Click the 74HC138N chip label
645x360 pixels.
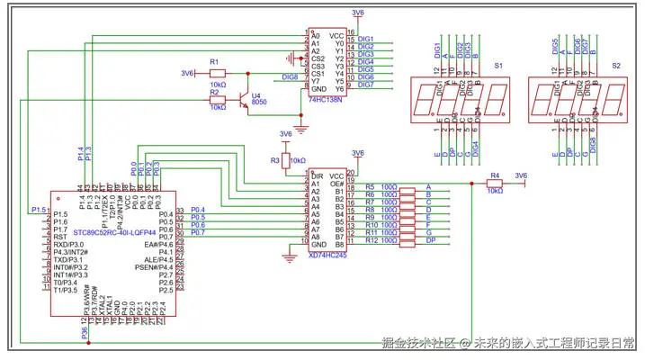pyautogui.click(x=328, y=101)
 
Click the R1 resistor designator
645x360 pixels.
pyautogui.click(x=213, y=60)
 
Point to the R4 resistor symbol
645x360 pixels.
pyautogui.click(x=494, y=183)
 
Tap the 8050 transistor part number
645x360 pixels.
pyautogui.click(x=258, y=103)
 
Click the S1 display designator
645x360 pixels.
pyautogui.click(x=499, y=66)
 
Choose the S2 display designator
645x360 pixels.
pyautogui.click(x=615, y=66)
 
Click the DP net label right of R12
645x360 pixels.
pyautogui.click(x=430, y=239)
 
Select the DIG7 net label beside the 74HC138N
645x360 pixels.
pyautogui.click(x=365, y=85)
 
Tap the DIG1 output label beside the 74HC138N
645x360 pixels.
pyautogui.click(x=365, y=39)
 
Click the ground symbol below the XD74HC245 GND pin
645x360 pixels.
pyautogui.click(x=290, y=257)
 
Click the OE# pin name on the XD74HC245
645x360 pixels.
pyautogui.click(x=336, y=183)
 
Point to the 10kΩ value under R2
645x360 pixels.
pyautogui.click(x=217, y=107)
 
